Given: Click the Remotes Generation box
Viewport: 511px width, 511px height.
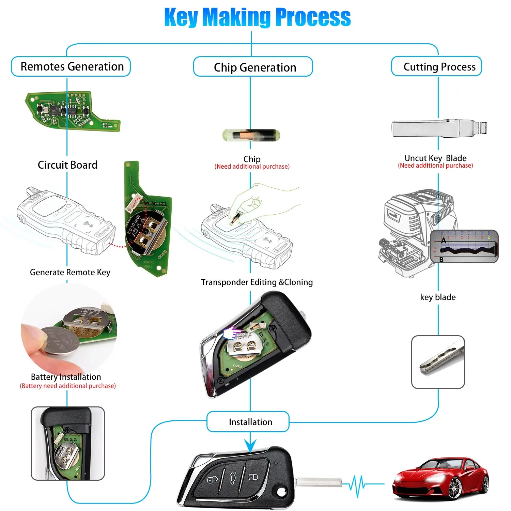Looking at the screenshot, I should pos(71,66).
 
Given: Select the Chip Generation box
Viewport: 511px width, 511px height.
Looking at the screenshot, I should pos(253,67).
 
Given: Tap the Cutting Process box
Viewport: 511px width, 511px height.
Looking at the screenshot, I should pos(436,66).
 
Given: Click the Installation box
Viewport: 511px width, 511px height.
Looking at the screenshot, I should pos(248,422).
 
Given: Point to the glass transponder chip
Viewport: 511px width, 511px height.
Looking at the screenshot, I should pos(251,135).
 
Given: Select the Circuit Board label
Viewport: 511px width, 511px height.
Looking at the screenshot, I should pos(67,165).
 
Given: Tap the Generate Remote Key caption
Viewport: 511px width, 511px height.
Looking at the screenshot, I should pos(70,272).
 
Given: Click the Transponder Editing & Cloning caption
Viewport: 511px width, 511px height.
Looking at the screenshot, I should pos(257,282).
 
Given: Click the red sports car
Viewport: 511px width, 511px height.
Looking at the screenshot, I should pos(441,479).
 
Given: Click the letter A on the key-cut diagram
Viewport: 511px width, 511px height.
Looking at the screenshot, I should pos(443,241).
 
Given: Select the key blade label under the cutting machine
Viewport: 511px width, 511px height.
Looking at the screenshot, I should pos(438,297).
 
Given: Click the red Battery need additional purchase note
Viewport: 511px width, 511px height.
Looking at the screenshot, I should pos(68,386).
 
